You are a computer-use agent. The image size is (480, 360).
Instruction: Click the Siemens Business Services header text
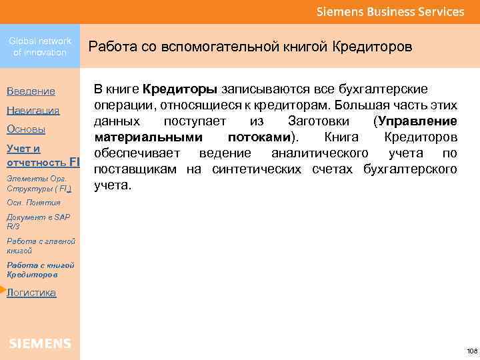point(390,11)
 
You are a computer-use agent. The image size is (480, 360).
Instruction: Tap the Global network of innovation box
point(40,47)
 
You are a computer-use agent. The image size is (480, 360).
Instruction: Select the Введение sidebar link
point(31,91)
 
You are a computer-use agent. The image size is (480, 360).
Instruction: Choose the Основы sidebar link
point(26,129)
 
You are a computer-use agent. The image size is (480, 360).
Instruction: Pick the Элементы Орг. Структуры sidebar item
point(39,183)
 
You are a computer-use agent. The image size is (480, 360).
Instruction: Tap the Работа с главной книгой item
point(41,245)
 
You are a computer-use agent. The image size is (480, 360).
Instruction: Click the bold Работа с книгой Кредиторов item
point(41,269)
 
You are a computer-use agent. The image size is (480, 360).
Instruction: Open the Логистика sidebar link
point(31,293)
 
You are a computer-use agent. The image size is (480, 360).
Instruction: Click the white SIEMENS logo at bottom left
point(40,343)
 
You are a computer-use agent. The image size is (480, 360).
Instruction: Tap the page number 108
point(472,351)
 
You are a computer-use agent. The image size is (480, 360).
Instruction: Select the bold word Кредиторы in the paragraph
point(180,89)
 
